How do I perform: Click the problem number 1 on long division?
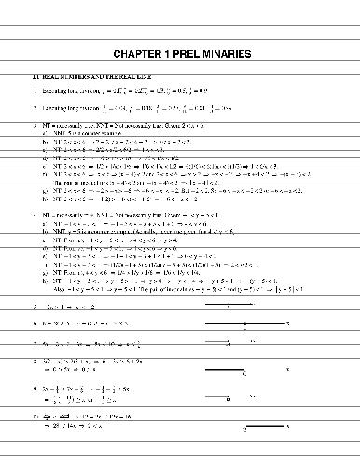(34, 90)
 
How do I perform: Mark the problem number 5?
(34, 307)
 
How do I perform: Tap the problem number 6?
(34, 325)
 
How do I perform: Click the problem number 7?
(34, 343)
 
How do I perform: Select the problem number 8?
(34, 360)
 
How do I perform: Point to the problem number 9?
(34, 385)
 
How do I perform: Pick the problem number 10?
(34, 412)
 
